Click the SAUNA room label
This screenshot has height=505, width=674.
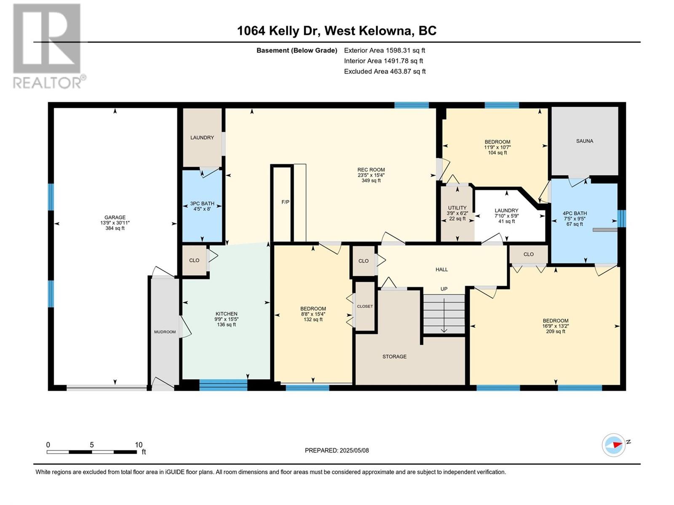point(584,141)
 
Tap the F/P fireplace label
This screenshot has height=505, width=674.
point(285,202)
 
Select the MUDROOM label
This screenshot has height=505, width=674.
point(165,332)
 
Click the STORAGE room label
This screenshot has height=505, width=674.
point(394,356)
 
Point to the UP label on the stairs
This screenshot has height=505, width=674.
point(444,289)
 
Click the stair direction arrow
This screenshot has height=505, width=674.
point(444,316)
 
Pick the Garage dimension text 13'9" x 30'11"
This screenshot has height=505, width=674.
point(115,223)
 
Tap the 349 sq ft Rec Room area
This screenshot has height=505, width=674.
point(371,181)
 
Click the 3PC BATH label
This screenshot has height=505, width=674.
point(202,204)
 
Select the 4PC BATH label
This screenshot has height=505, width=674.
point(575,213)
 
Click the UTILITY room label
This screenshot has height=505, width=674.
point(457,208)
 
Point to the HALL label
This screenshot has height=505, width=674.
point(441,269)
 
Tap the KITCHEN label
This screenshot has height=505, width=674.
point(226,314)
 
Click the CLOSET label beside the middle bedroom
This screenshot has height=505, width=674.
point(365,306)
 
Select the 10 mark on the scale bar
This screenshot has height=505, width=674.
point(139,444)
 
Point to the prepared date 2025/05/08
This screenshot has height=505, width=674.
point(354,450)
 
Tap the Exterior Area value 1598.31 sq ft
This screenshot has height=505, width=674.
point(405,50)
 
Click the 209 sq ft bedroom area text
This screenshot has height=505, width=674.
point(556,332)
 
